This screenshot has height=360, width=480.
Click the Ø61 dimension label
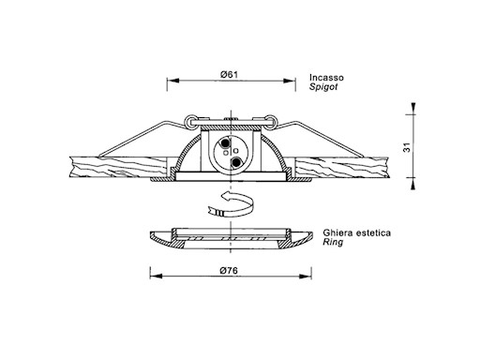point(229,75)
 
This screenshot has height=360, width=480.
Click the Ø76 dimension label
point(229,270)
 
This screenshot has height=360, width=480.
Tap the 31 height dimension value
point(407,147)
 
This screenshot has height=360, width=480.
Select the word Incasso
point(326,78)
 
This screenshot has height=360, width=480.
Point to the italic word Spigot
point(323,87)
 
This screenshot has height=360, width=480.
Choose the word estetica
point(373,232)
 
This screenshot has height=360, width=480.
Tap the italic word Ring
point(333,242)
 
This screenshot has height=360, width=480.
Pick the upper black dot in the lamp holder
point(224,142)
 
